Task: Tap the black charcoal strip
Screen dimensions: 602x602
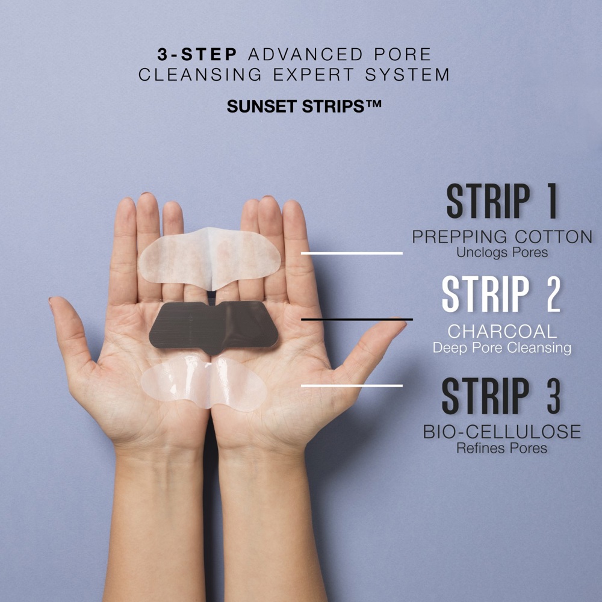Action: point(214,325)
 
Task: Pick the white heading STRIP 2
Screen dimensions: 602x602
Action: point(501,294)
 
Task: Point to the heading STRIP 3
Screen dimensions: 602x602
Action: point(501,396)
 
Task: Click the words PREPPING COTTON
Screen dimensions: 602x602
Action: point(502,237)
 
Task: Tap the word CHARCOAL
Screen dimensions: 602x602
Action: point(502,332)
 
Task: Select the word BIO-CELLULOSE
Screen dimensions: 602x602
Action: point(502,432)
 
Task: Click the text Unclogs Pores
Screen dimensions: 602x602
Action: point(502,253)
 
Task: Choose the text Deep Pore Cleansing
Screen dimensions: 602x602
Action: point(502,348)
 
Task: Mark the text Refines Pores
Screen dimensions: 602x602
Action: point(502,448)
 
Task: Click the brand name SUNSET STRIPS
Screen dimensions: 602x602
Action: point(304,107)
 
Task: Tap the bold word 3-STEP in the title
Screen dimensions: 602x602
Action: point(197,55)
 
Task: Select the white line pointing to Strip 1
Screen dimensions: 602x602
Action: point(352,253)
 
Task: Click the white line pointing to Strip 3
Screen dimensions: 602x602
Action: point(352,385)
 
